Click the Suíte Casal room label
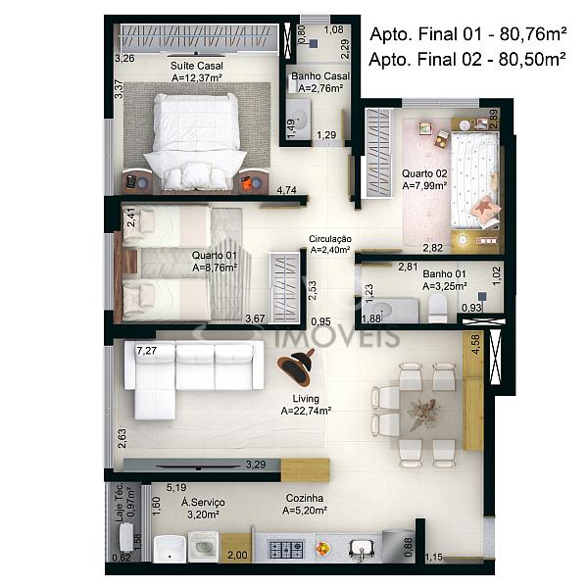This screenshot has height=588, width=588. [x=197, y=66]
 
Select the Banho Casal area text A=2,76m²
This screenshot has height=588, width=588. [x=320, y=88]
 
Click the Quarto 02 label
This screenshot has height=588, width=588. [x=424, y=173]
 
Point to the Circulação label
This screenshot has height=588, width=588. [x=330, y=239]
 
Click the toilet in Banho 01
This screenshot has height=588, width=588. [x=438, y=308]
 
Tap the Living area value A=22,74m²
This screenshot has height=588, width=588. [x=306, y=411]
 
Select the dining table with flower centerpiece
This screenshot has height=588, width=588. [x=425, y=415]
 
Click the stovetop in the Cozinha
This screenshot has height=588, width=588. [x=286, y=549]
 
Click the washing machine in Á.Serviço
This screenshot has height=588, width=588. [x=203, y=547]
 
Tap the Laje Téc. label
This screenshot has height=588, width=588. [x=120, y=502]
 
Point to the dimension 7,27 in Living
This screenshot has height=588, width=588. [x=146, y=351]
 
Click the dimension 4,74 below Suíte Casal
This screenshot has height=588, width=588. [x=286, y=190]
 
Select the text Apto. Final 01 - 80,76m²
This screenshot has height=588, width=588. [x=468, y=34]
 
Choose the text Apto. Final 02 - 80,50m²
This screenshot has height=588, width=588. [x=467, y=59]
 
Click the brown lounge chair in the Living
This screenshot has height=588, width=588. [x=297, y=367]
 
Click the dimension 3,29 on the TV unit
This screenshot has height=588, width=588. [x=256, y=465]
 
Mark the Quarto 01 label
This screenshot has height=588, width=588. [x=214, y=256]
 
